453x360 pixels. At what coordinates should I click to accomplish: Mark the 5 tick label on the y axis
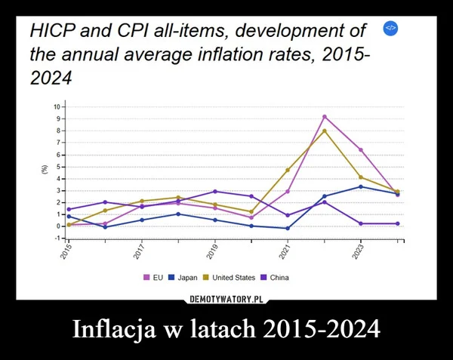click(57, 167)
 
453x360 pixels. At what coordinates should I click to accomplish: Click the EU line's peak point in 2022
click(324, 117)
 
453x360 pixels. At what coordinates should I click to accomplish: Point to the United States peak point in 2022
click(324, 131)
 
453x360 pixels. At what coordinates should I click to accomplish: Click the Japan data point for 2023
click(361, 186)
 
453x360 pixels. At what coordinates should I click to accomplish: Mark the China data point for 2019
click(214, 192)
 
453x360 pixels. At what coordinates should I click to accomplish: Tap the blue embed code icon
click(390, 28)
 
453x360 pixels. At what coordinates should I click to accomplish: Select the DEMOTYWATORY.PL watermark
click(226, 299)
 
